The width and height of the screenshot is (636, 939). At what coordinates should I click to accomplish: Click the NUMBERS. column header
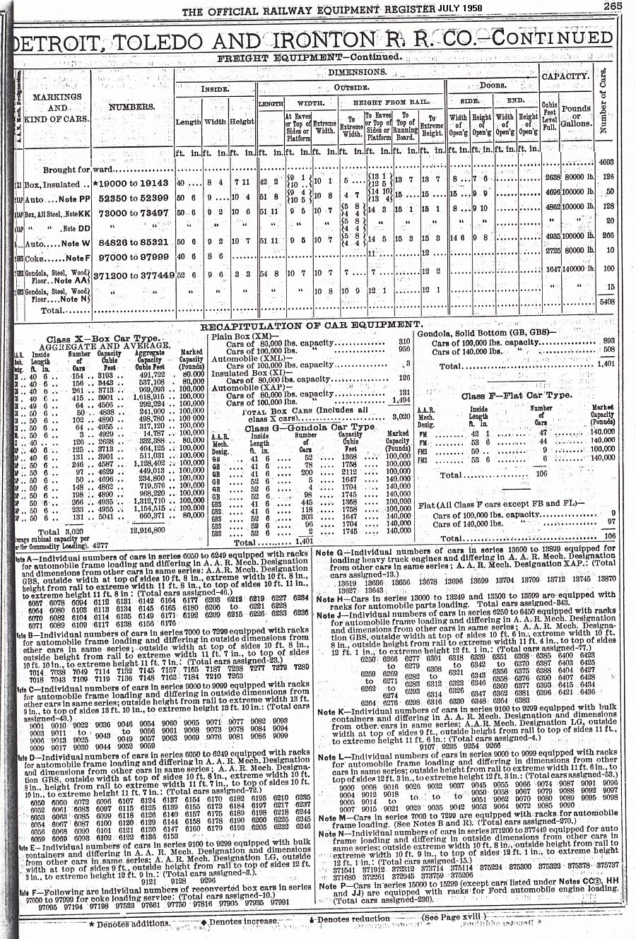(132, 107)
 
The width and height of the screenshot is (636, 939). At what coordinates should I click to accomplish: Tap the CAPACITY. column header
(565, 76)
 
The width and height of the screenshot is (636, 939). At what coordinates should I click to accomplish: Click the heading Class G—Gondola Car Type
(310, 427)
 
